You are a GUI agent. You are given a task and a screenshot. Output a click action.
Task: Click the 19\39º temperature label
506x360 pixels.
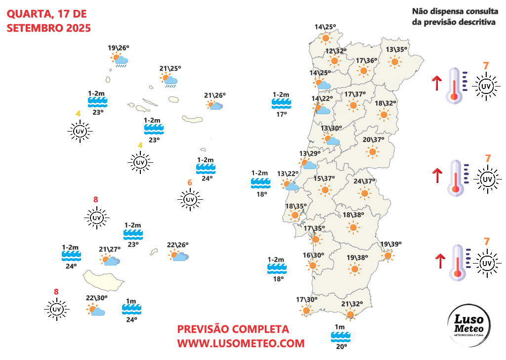pos(391,244)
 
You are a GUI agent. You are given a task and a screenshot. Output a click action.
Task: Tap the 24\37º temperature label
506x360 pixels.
pos(365,181)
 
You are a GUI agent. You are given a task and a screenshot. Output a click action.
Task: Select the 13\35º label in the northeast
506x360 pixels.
pos(396,49)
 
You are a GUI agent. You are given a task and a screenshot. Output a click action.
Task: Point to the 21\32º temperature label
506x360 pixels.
pos(352,304)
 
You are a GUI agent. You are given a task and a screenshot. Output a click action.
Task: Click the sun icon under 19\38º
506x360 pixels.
pos(354,270)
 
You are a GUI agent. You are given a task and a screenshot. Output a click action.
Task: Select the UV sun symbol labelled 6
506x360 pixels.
pos(190,199)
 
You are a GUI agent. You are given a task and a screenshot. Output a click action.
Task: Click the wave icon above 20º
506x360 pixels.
pos(340,336)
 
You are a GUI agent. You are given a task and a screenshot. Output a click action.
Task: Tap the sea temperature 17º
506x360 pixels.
pos(281,114)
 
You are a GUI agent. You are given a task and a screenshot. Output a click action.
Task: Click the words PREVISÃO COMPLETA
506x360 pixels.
pos(233,329)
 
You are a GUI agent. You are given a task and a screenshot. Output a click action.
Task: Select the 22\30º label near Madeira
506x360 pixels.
pos(96,298)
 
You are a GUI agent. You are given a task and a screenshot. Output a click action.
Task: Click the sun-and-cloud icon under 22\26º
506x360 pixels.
pos(179,256)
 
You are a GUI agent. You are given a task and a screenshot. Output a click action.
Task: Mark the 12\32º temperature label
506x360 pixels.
pos(336,51)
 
